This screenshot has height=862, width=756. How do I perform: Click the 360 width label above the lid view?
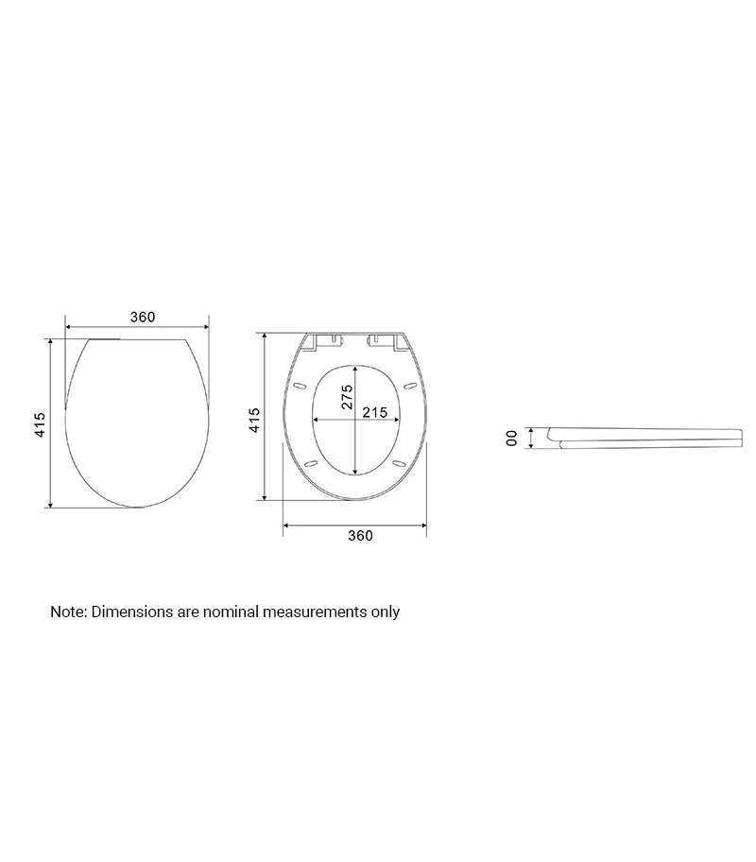143,318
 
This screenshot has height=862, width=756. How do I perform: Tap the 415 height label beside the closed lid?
40,424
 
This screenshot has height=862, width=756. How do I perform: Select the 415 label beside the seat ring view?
254,420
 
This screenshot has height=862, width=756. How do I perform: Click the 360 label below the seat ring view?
360,536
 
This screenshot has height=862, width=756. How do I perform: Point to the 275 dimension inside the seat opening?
347,397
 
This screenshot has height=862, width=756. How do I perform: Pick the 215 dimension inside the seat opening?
375,412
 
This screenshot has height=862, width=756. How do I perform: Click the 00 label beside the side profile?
511,439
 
